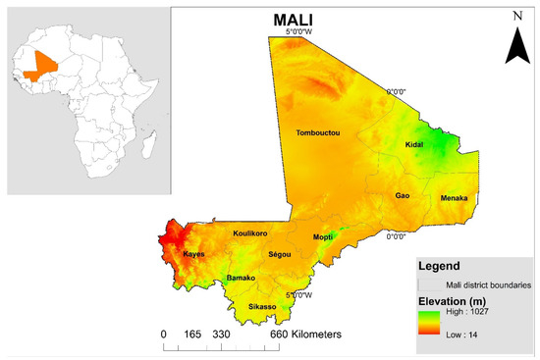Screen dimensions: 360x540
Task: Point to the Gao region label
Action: click(403, 195)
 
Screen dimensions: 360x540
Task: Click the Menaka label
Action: click(454, 198)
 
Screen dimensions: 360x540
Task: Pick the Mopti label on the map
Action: click(324, 237)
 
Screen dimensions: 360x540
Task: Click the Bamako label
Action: click(241, 279)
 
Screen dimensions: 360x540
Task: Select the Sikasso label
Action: click(262, 307)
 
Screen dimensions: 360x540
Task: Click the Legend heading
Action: click(442, 266)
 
